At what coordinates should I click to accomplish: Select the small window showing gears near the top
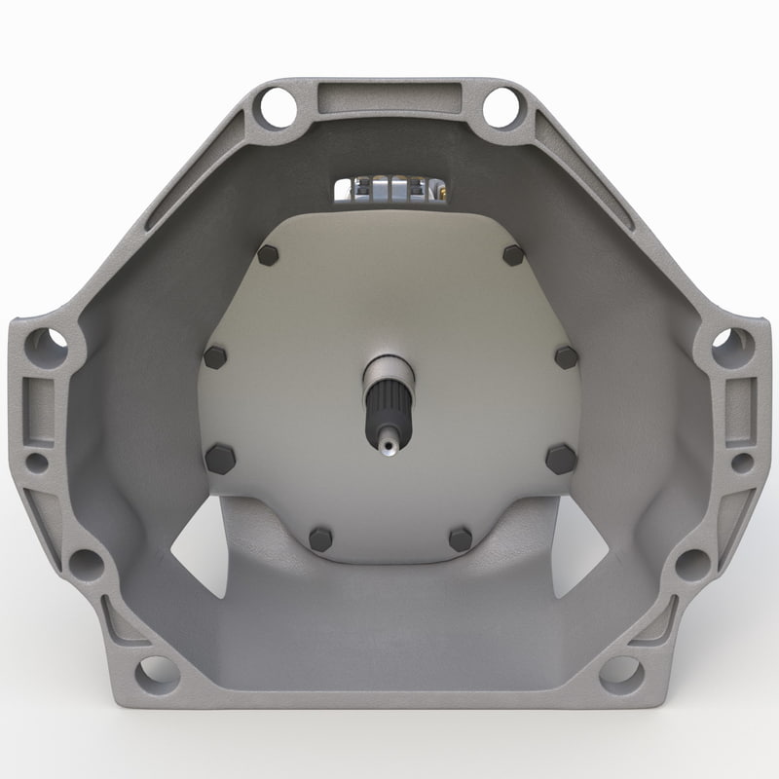tap(390, 189)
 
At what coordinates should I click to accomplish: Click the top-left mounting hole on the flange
tap(277, 106)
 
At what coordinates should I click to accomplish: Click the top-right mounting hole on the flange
tap(502, 106)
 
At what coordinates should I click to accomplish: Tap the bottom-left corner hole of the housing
tap(157, 672)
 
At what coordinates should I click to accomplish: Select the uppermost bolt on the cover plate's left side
tap(268, 255)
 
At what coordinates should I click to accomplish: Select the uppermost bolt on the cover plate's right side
tap(513, 255)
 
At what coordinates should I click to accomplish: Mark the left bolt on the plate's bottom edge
tap(319, 538)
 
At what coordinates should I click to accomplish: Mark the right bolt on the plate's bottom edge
tap(460, 538)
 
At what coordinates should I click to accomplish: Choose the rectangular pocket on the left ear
tap(37, 399)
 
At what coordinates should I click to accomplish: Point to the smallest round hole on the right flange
tap(741, 462)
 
